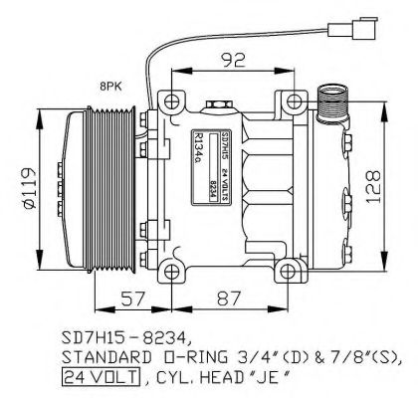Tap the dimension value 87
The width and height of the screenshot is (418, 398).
pos(229,298)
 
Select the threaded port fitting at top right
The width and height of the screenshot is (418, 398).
pos(332,100)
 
